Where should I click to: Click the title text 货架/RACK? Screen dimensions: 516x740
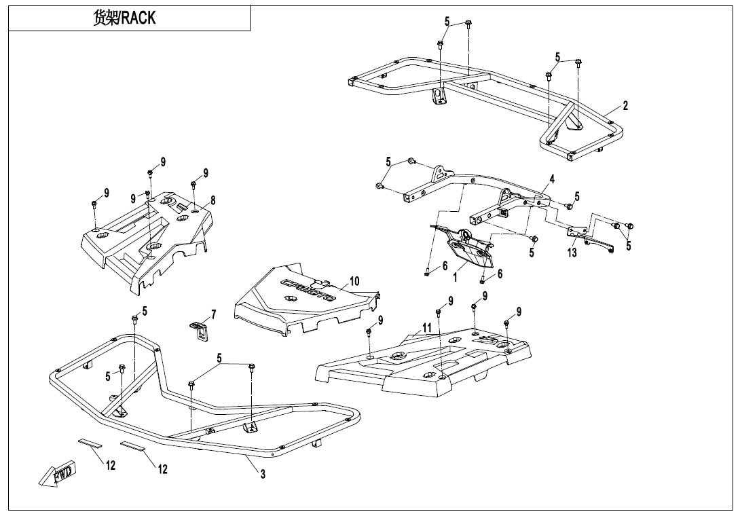[124, 18]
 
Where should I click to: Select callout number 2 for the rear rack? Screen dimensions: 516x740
[625, 105]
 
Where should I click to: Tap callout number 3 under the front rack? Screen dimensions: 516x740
[263, 474]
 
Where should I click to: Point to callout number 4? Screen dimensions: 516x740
[552, 179]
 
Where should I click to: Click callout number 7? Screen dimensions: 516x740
[213, 314]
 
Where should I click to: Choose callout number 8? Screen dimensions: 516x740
[212, 200]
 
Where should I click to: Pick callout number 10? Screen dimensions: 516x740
[354, 281]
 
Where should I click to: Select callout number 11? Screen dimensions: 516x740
[426, 327]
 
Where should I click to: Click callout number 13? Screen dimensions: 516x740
[572, 253]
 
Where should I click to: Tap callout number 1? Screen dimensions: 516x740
[456, 277]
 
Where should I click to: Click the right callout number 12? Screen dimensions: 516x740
[162, 469]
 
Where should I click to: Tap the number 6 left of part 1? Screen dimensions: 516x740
[445, 266]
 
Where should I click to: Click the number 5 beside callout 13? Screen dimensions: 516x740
[628, 246]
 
